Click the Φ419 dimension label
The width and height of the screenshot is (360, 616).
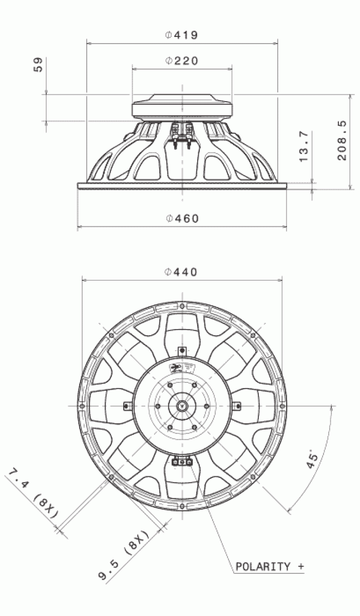point(181,35)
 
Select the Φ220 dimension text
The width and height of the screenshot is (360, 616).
point(181,61)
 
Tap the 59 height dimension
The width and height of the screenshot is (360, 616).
point(38,65)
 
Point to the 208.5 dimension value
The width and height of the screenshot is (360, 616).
point(342,140)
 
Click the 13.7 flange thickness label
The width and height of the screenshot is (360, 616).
point(304,147)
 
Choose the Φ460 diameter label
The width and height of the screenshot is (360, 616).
point(182,218)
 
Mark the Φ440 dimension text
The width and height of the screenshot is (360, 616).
point(181,272)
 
